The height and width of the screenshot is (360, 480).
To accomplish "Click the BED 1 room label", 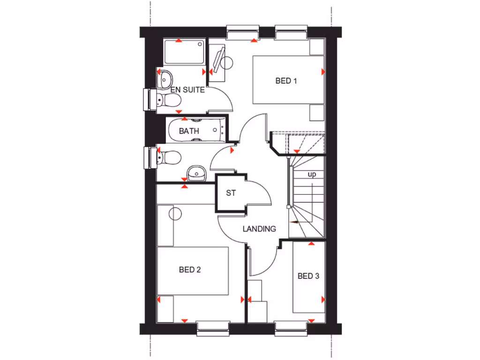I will click(x=286, y=81).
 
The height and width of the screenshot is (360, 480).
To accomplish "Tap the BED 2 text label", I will click(x=190, y=270).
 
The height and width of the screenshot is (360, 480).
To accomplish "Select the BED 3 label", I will click(x=308, y=276).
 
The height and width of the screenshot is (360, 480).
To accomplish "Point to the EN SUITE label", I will click(x=187, y=90).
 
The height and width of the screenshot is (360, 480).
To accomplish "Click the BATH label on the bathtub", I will click(x=189, y=131).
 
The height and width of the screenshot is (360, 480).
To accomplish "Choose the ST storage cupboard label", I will click(x=231, y=193).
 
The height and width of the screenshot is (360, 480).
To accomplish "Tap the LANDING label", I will click(x=259, y=229).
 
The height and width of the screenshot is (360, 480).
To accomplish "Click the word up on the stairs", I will click(x=312, y=174).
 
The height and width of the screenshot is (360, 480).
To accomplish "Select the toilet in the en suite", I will click(x=168, y=99).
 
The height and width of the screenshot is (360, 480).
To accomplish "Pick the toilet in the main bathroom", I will click(x=168, y=157).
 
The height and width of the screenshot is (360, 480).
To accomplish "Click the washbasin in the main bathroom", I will click(x=196, y=173).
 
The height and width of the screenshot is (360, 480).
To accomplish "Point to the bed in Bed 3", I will click(x=308, y=277).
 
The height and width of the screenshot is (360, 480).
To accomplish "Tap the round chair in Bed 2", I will click(x=175, y=214).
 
